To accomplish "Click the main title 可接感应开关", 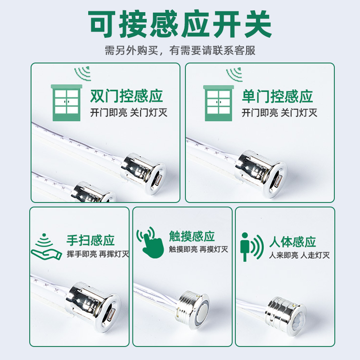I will tap(180, 24).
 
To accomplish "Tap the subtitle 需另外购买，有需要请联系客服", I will tap(180, 50).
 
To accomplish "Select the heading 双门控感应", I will tap(126, 96).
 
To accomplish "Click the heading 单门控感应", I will tap(277, 96).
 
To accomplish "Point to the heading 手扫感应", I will tap(90, 240).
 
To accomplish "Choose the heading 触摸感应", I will tap(192, 236).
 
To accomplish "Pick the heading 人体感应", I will tap(292, 242).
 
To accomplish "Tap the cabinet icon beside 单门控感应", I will tap(218, 103).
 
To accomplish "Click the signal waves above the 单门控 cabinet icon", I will tap(235, 74).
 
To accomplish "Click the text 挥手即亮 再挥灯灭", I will tap(98, 254).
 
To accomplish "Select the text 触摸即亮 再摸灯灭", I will tap(198, 249).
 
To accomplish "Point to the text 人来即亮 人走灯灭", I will tap(299, 255).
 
